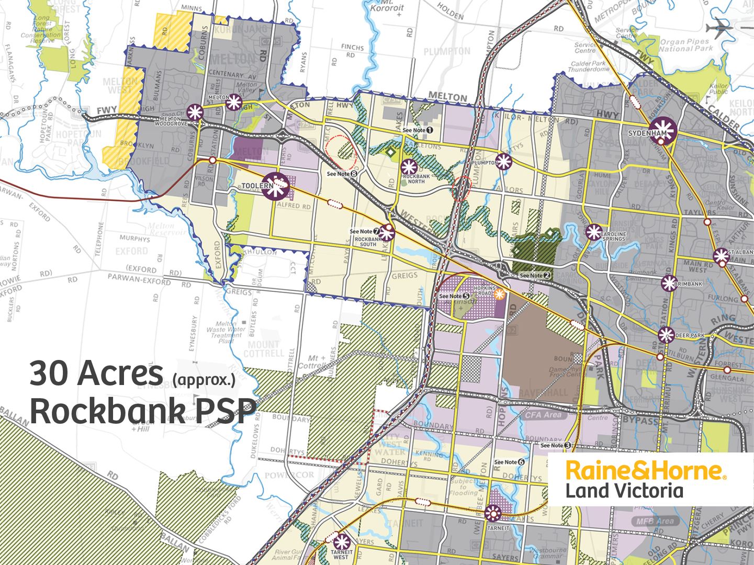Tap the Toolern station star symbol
click(275, 186)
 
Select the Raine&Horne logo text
click(645, 470)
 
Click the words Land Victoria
click(624, 491)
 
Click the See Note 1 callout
click(418, 130)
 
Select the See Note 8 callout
click(342, 174)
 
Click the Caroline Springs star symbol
click(593, 232)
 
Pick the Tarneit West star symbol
click(341, 541)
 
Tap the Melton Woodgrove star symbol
click(195, 111)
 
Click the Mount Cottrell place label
click(264, 348)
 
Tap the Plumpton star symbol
click(503, 162)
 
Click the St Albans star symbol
click(721, 256)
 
